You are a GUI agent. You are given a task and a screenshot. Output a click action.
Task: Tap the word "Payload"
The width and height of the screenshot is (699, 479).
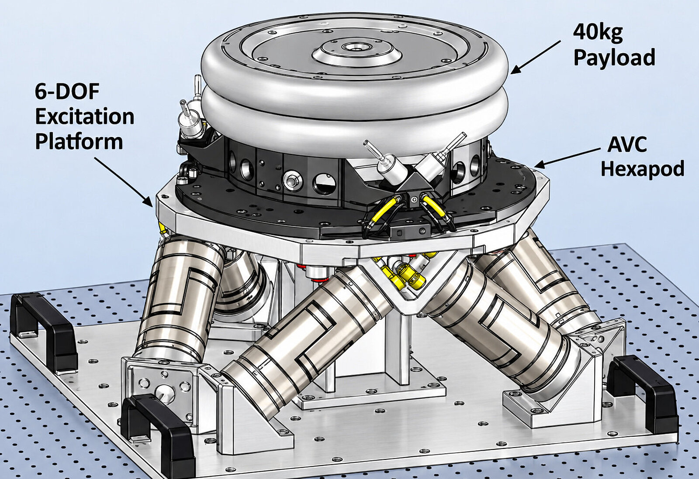point(614,58)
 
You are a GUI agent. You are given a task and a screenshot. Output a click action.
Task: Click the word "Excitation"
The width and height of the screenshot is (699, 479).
point(85,117)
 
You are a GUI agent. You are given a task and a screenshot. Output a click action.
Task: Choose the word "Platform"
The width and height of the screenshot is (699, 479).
point(79,142)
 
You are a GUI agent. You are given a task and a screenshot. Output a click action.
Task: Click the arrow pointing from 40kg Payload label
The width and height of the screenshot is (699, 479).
point(535,57)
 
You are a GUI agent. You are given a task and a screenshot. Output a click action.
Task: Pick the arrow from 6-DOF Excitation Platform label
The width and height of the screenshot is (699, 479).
point(123,181)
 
